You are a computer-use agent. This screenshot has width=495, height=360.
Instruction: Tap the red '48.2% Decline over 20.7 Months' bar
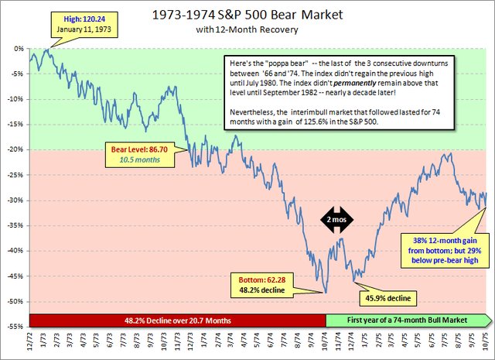(x=177, y=318)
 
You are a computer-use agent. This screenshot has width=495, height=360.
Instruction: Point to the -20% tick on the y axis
(x=16, y=149)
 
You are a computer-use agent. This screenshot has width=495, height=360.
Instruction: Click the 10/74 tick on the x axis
(x=326, y=341)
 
